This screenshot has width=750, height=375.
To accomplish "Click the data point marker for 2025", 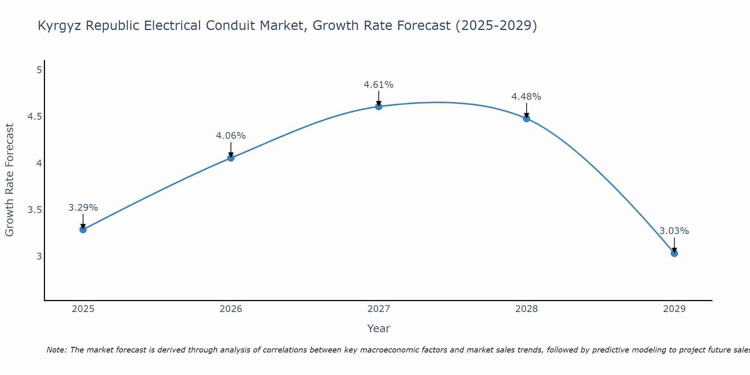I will click(83, 229).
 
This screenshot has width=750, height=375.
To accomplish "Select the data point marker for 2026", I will click(231, 158).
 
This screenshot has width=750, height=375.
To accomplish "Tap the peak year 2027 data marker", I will click(379, 106).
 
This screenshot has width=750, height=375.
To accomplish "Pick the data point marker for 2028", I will click(526, 118).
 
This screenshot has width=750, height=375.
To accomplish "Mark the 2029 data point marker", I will click(674, 253).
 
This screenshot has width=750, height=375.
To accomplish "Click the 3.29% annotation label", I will click(83, 208).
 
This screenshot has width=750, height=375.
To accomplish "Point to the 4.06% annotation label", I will click(231, 136).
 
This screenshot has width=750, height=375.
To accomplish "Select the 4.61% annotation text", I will click(379, 85).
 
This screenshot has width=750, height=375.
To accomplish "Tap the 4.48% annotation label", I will click(526, 97).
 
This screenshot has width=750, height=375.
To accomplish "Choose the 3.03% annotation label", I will click(674, 231).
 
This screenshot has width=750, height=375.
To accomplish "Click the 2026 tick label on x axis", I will click(231, 309).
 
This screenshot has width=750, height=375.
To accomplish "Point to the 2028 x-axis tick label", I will click(526, 309).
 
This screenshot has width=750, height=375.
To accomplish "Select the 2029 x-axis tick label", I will click(674, 309).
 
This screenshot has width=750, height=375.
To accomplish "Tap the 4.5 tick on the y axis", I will click(34, 117).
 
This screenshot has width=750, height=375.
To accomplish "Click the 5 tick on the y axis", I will click(39, 70).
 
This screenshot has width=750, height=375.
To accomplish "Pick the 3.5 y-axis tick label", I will click(34, 210).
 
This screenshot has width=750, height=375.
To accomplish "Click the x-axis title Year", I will click(379, 328).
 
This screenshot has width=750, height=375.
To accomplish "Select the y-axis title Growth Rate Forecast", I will click(9, 180).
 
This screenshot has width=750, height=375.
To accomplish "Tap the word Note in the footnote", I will click(56, 350).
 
